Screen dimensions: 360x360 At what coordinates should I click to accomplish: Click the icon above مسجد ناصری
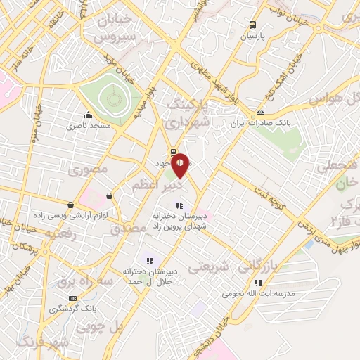tap(88, 115)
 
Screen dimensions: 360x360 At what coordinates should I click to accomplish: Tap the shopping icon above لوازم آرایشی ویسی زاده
tap(109, 195)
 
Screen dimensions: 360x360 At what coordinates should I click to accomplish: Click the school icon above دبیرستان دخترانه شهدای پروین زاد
tap(180, 206)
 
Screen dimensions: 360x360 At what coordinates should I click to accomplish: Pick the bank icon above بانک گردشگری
tap(69, 297)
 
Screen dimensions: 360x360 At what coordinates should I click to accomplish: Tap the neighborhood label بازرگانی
tap(258, 266)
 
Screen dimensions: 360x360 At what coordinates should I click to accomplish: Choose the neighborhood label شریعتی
tap(210, 266)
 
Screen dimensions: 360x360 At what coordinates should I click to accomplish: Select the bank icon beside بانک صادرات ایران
tap(260, 112)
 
